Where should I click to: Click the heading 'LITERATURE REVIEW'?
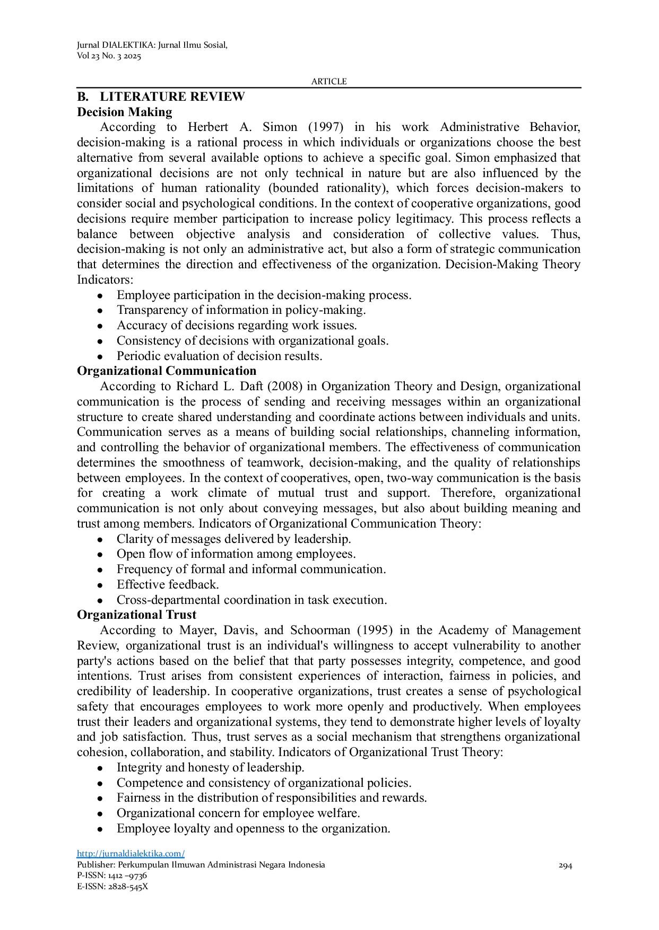(x=172, y=96)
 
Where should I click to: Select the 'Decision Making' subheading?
(x=125, y=112)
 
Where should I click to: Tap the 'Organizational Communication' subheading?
(x=167, y=371)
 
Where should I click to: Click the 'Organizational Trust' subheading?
(x=136, y=615)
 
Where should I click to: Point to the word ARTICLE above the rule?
(x=328, y=81)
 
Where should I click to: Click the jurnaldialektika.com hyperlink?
(x=131, y=853)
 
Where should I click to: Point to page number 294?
(x=565, y=866)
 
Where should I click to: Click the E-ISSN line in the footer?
(x=112, y=886)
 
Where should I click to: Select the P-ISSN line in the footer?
(x=112, y=875)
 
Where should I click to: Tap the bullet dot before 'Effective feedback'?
(x=100, y=585)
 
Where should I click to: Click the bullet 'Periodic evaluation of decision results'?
(x=219, y=356)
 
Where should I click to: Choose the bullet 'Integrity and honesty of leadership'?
(x=210, y=767)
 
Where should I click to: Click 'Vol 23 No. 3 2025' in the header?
(x=109, y=56)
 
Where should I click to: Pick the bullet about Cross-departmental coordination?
(x=252, y=600)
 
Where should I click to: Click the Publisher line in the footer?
(x=201, y=865)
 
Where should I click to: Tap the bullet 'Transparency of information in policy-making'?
(x=241, y=310)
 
